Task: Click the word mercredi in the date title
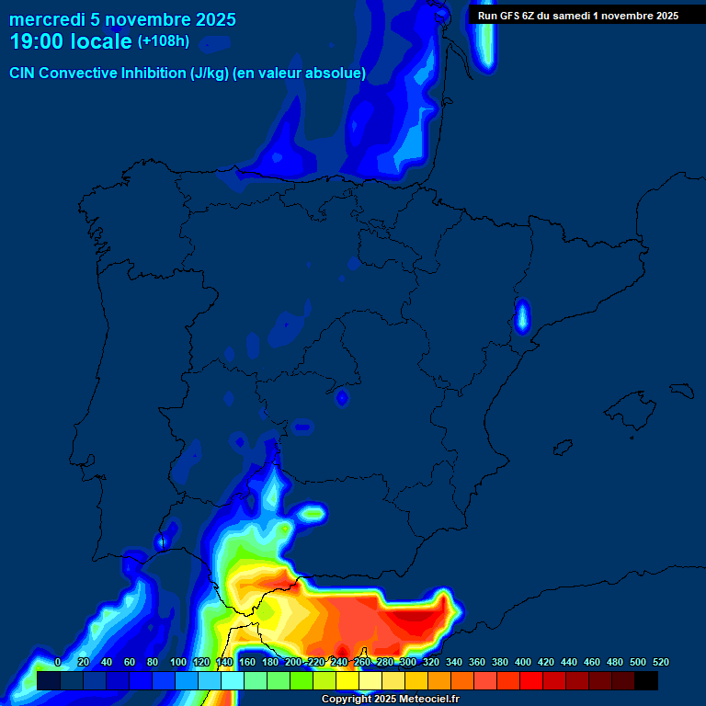pos(46,19)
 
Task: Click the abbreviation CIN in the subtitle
pos(24,73)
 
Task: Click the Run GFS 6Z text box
pos(577,15)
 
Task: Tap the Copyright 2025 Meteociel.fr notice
pos(390,700)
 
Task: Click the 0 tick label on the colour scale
pos(58,662)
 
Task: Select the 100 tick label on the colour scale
pos(177,662)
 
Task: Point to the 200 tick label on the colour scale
pos(292,662)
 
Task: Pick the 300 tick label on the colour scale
pos(407,662)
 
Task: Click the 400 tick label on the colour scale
pos(522,662)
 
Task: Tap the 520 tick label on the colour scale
pos(660,662)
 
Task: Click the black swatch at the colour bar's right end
pos(646,680)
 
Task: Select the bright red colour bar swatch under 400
pos(531,680)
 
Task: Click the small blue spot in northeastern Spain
pos(522,315)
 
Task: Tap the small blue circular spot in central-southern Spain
pos(342,398)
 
